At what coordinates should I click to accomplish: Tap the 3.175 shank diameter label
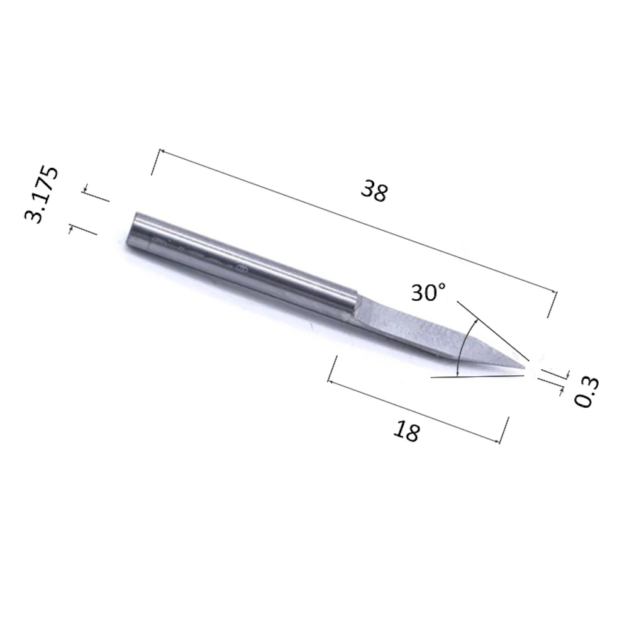(x=42, y=195)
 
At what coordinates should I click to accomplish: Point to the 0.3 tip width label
(x=586, y=392)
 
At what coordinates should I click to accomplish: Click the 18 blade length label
(x=407, y=431)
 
